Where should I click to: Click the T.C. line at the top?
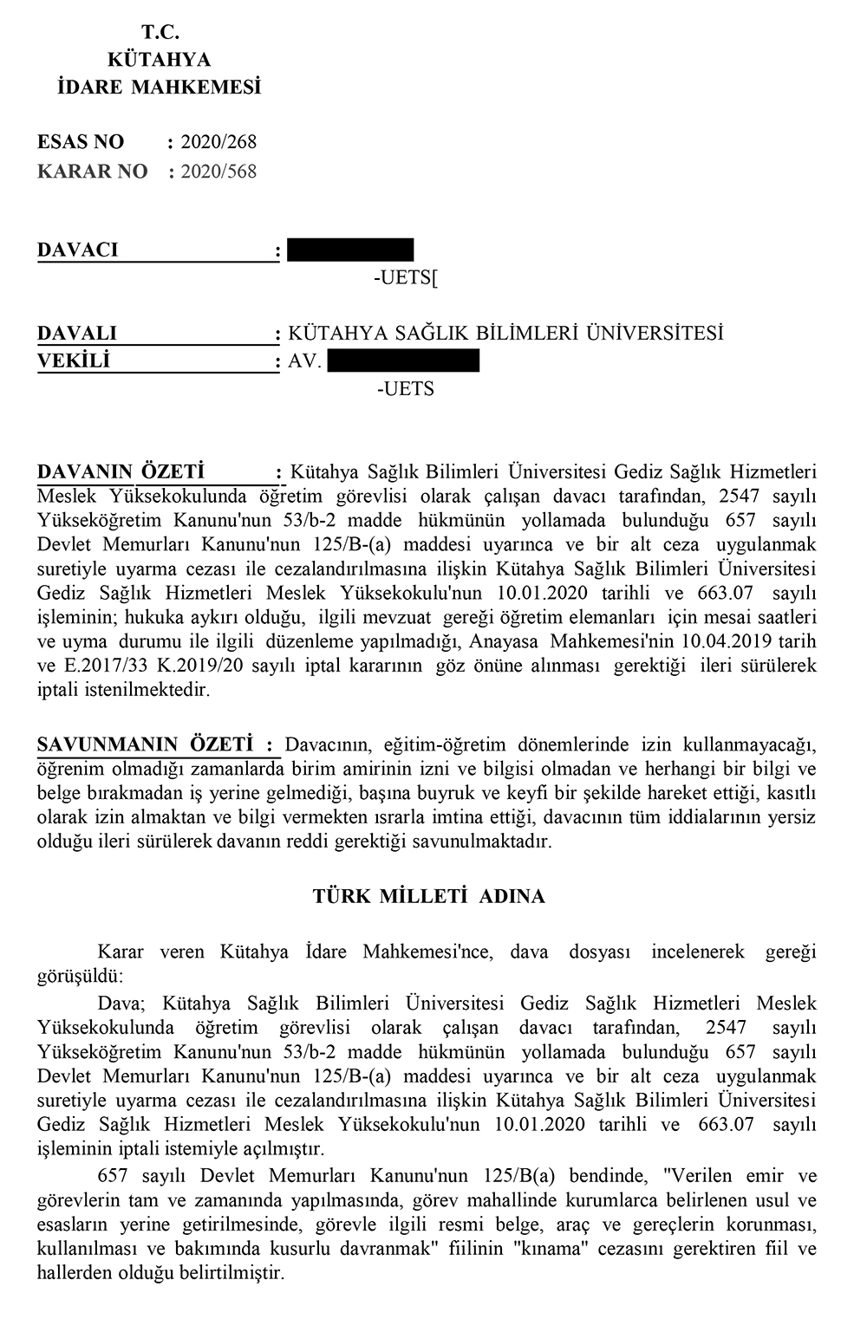(x=159, y=33)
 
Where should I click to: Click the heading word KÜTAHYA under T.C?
(x=159, y=60)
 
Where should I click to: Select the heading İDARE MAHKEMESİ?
(x=159, y=88)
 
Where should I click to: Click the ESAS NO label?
(x=81, y=142)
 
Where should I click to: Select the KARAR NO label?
(x=93, y=172)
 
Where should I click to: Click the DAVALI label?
(x=77, y=334)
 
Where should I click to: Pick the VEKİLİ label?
(x=74, y=361)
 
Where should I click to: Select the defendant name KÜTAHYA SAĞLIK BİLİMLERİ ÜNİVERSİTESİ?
(x=505, y=334)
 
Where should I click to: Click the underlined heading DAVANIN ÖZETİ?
(x=121, y=472)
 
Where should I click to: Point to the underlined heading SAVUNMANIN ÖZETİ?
(x=145, y=744)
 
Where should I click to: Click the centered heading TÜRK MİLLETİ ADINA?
(x=429, y=896)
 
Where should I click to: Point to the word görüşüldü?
(x=80, y=975)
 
